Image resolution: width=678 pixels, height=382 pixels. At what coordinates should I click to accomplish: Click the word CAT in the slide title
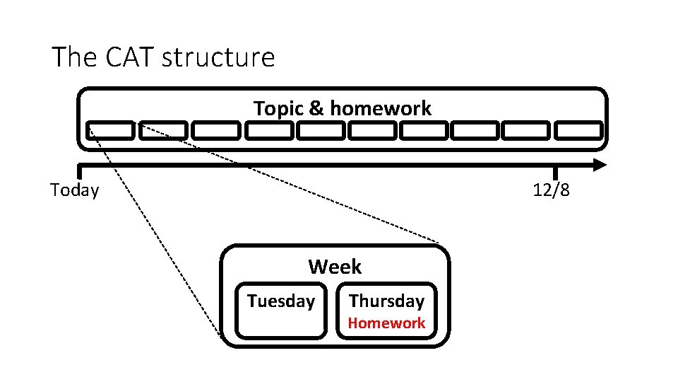click(x=131, y=57)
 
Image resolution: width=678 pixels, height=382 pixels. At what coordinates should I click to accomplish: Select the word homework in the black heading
click(x=380, y=108)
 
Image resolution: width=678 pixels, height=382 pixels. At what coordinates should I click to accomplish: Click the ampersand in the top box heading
click(x=316, y=108)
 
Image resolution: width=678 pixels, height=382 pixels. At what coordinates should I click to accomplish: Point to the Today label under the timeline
click(x=75, y=190)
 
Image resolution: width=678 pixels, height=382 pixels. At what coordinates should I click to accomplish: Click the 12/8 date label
click(x=552, y=190)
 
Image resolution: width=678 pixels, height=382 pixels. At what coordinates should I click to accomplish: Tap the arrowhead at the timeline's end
click(x=600, y=165)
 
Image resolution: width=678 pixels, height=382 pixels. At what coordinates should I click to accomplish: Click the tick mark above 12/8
click(x=555, y=172)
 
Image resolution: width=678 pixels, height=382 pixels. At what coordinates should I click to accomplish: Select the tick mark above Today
click(x=80, y=172)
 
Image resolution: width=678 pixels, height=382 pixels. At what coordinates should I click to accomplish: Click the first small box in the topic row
click(x=110, y=130)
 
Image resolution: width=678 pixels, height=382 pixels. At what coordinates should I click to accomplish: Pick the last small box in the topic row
click(x=578, y=130)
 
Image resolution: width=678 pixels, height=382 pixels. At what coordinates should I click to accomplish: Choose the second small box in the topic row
click(x=163, y=130)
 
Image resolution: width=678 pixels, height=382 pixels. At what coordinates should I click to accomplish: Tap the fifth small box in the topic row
click(x=320, y=130)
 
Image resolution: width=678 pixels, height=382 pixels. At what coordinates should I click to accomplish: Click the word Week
click(x=335, y=267)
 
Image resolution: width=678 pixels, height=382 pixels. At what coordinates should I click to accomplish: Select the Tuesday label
click(x=281, y=301)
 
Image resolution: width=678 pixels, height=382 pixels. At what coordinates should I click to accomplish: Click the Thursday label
click(x=386, y=301)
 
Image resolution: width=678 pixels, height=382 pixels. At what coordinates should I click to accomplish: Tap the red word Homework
click(x=387, y=323)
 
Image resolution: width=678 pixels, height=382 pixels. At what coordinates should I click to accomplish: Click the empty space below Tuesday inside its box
click(x=281, y=324)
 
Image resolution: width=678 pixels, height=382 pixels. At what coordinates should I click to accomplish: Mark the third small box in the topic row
click(x=216, y=130)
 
